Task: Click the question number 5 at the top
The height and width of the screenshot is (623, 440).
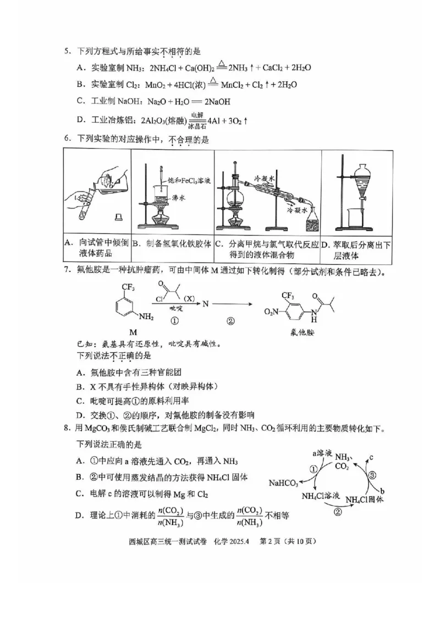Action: click(x=67, y=52)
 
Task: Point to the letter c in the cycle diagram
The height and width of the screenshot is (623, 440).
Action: click(x=371, y=457)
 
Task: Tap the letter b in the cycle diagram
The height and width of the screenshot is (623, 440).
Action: click(x=382, y=491)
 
